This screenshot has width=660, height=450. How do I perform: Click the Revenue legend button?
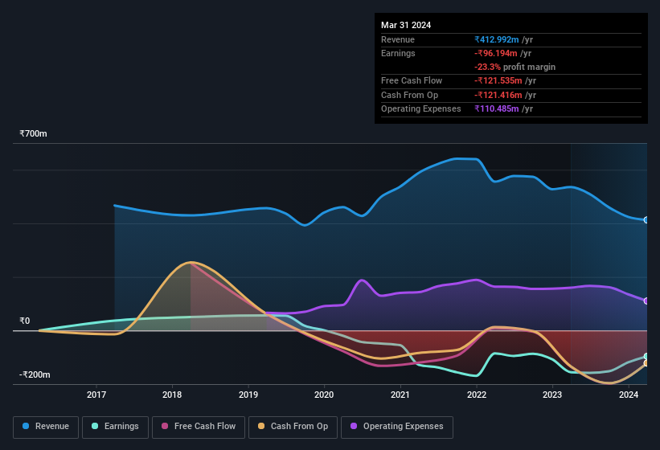47,426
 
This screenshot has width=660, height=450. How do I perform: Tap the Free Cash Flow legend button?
198,426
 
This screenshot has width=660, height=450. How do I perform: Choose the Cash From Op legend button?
293,426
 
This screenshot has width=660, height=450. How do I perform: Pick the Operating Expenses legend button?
396,426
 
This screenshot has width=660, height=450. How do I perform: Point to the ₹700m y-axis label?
34,133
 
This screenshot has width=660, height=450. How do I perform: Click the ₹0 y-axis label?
25,321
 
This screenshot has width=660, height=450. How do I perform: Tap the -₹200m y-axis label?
36,374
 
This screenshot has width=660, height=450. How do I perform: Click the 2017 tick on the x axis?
96,395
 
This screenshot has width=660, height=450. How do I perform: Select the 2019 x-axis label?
248,395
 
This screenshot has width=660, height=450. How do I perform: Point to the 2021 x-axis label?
400,395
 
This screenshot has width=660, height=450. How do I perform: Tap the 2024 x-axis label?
629,395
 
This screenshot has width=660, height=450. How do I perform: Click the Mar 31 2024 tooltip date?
406,25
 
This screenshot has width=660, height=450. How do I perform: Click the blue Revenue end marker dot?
646,219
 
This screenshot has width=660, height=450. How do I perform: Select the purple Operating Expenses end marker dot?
646,301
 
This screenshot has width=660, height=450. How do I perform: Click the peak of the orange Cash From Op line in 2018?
191,262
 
